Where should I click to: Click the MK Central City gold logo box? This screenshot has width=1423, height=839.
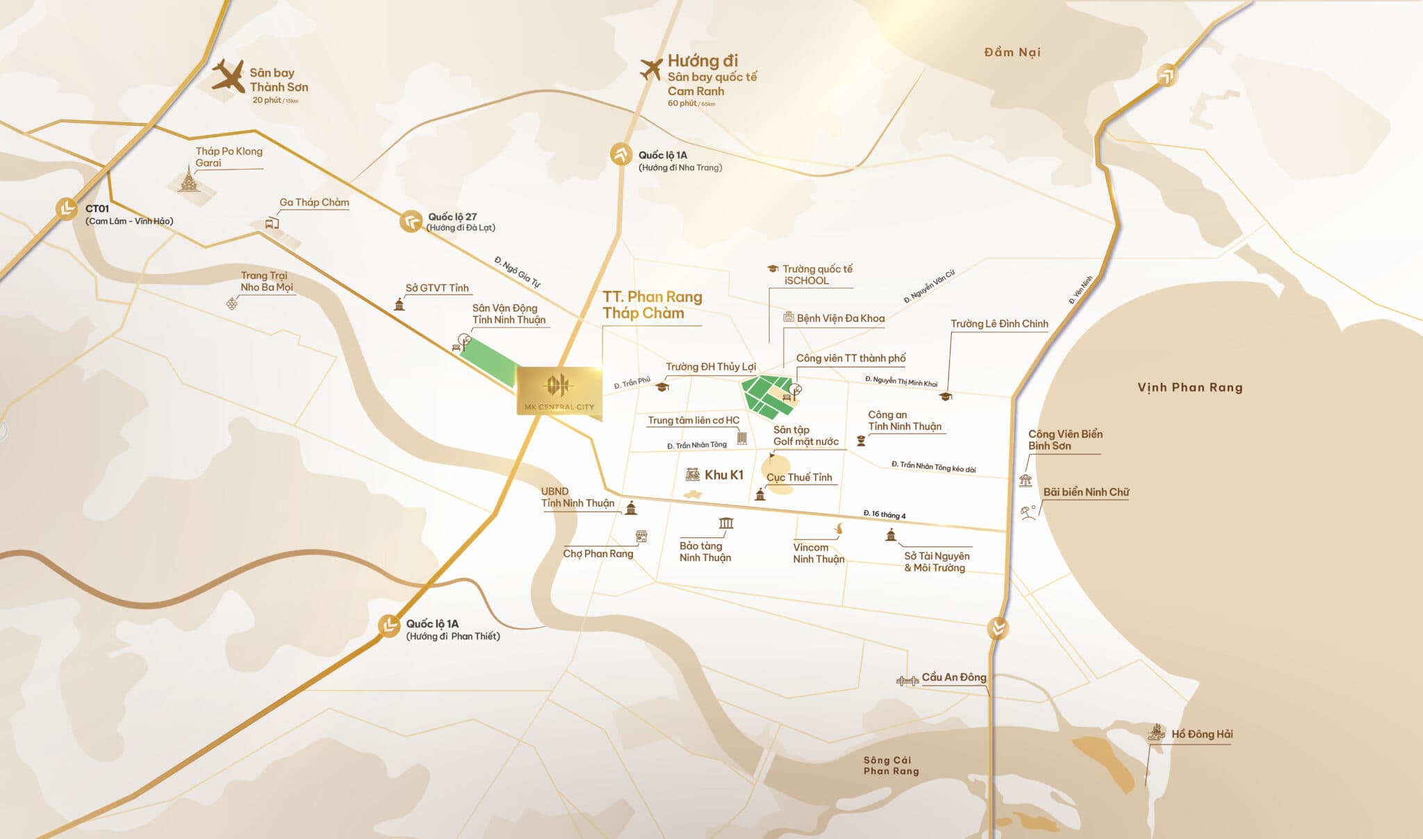(559, 391)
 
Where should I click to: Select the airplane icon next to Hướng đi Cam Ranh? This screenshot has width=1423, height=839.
(650, 69)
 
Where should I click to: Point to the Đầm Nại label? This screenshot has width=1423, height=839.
(1012, 52)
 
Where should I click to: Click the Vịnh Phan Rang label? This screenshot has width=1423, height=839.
(1190, 387)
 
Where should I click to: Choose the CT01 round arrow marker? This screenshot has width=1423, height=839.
(67, 209)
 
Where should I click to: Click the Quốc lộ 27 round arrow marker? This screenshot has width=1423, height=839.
(411, 221)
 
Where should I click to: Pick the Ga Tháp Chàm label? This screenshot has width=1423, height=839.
(314, 202)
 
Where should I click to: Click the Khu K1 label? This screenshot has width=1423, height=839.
(723, 475)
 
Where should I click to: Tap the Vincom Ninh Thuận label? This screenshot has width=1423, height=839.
(819, 553)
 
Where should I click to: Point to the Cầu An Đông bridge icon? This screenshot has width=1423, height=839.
(907, 681)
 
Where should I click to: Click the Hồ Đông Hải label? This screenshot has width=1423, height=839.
(1202, 734)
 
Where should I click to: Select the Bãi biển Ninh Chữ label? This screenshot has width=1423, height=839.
(1086, 492)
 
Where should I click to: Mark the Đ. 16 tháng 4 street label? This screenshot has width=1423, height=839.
(884, 514)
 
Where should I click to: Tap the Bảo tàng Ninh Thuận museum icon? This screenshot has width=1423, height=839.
(726, 523)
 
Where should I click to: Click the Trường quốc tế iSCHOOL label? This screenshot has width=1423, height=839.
(816, 275)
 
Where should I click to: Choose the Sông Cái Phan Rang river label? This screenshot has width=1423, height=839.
(891, 765)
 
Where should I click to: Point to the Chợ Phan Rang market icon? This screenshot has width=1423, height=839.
(641, 536)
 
